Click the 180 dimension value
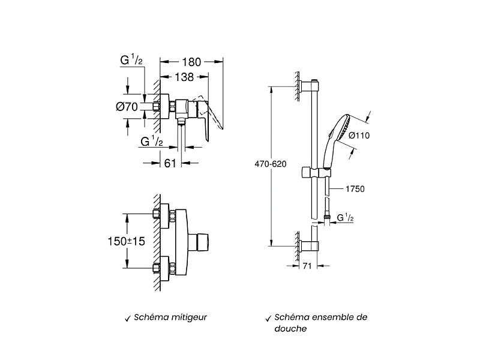[191, 62]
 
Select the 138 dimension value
[184, 77]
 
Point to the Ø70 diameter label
[127, 107]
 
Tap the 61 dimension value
[170, 163]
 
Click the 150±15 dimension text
[126, 241]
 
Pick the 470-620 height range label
[271, 164]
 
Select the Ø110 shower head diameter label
[359, 136]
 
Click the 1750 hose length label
[355, 189]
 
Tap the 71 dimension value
[307, 266]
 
